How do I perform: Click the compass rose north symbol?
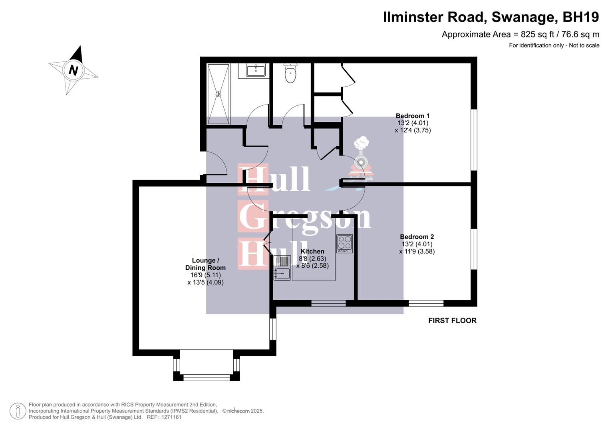pyautogui.click(x=73, y=70)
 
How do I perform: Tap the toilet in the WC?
pyautogui.click(x=290, y=73)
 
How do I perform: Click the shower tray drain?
pyautogui.click(x=218, y=94)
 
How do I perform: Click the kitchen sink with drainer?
pyautogui.click(x=282, y=268)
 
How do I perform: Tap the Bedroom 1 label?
pyautogui.click(x=413, y=116)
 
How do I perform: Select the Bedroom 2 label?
pyautogui.click(x=417, y=237)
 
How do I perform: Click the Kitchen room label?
pyautogui.click(x=312, y=251)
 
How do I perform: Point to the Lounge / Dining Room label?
pyautogui.click(x=205, y=264)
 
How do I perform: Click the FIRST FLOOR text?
pyautogui.click(x=452, y=320)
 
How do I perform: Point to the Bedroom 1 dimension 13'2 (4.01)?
pyautogui.click(x=413, y=123)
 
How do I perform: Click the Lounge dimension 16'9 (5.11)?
pyautogui.click(x=205, y=275)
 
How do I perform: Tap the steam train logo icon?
pyautogui.click(x=361, y=158)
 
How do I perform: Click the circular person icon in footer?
pyautogui.click(x=18, y=411)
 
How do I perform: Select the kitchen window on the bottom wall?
pyautogui.click(x=328, y=304)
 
